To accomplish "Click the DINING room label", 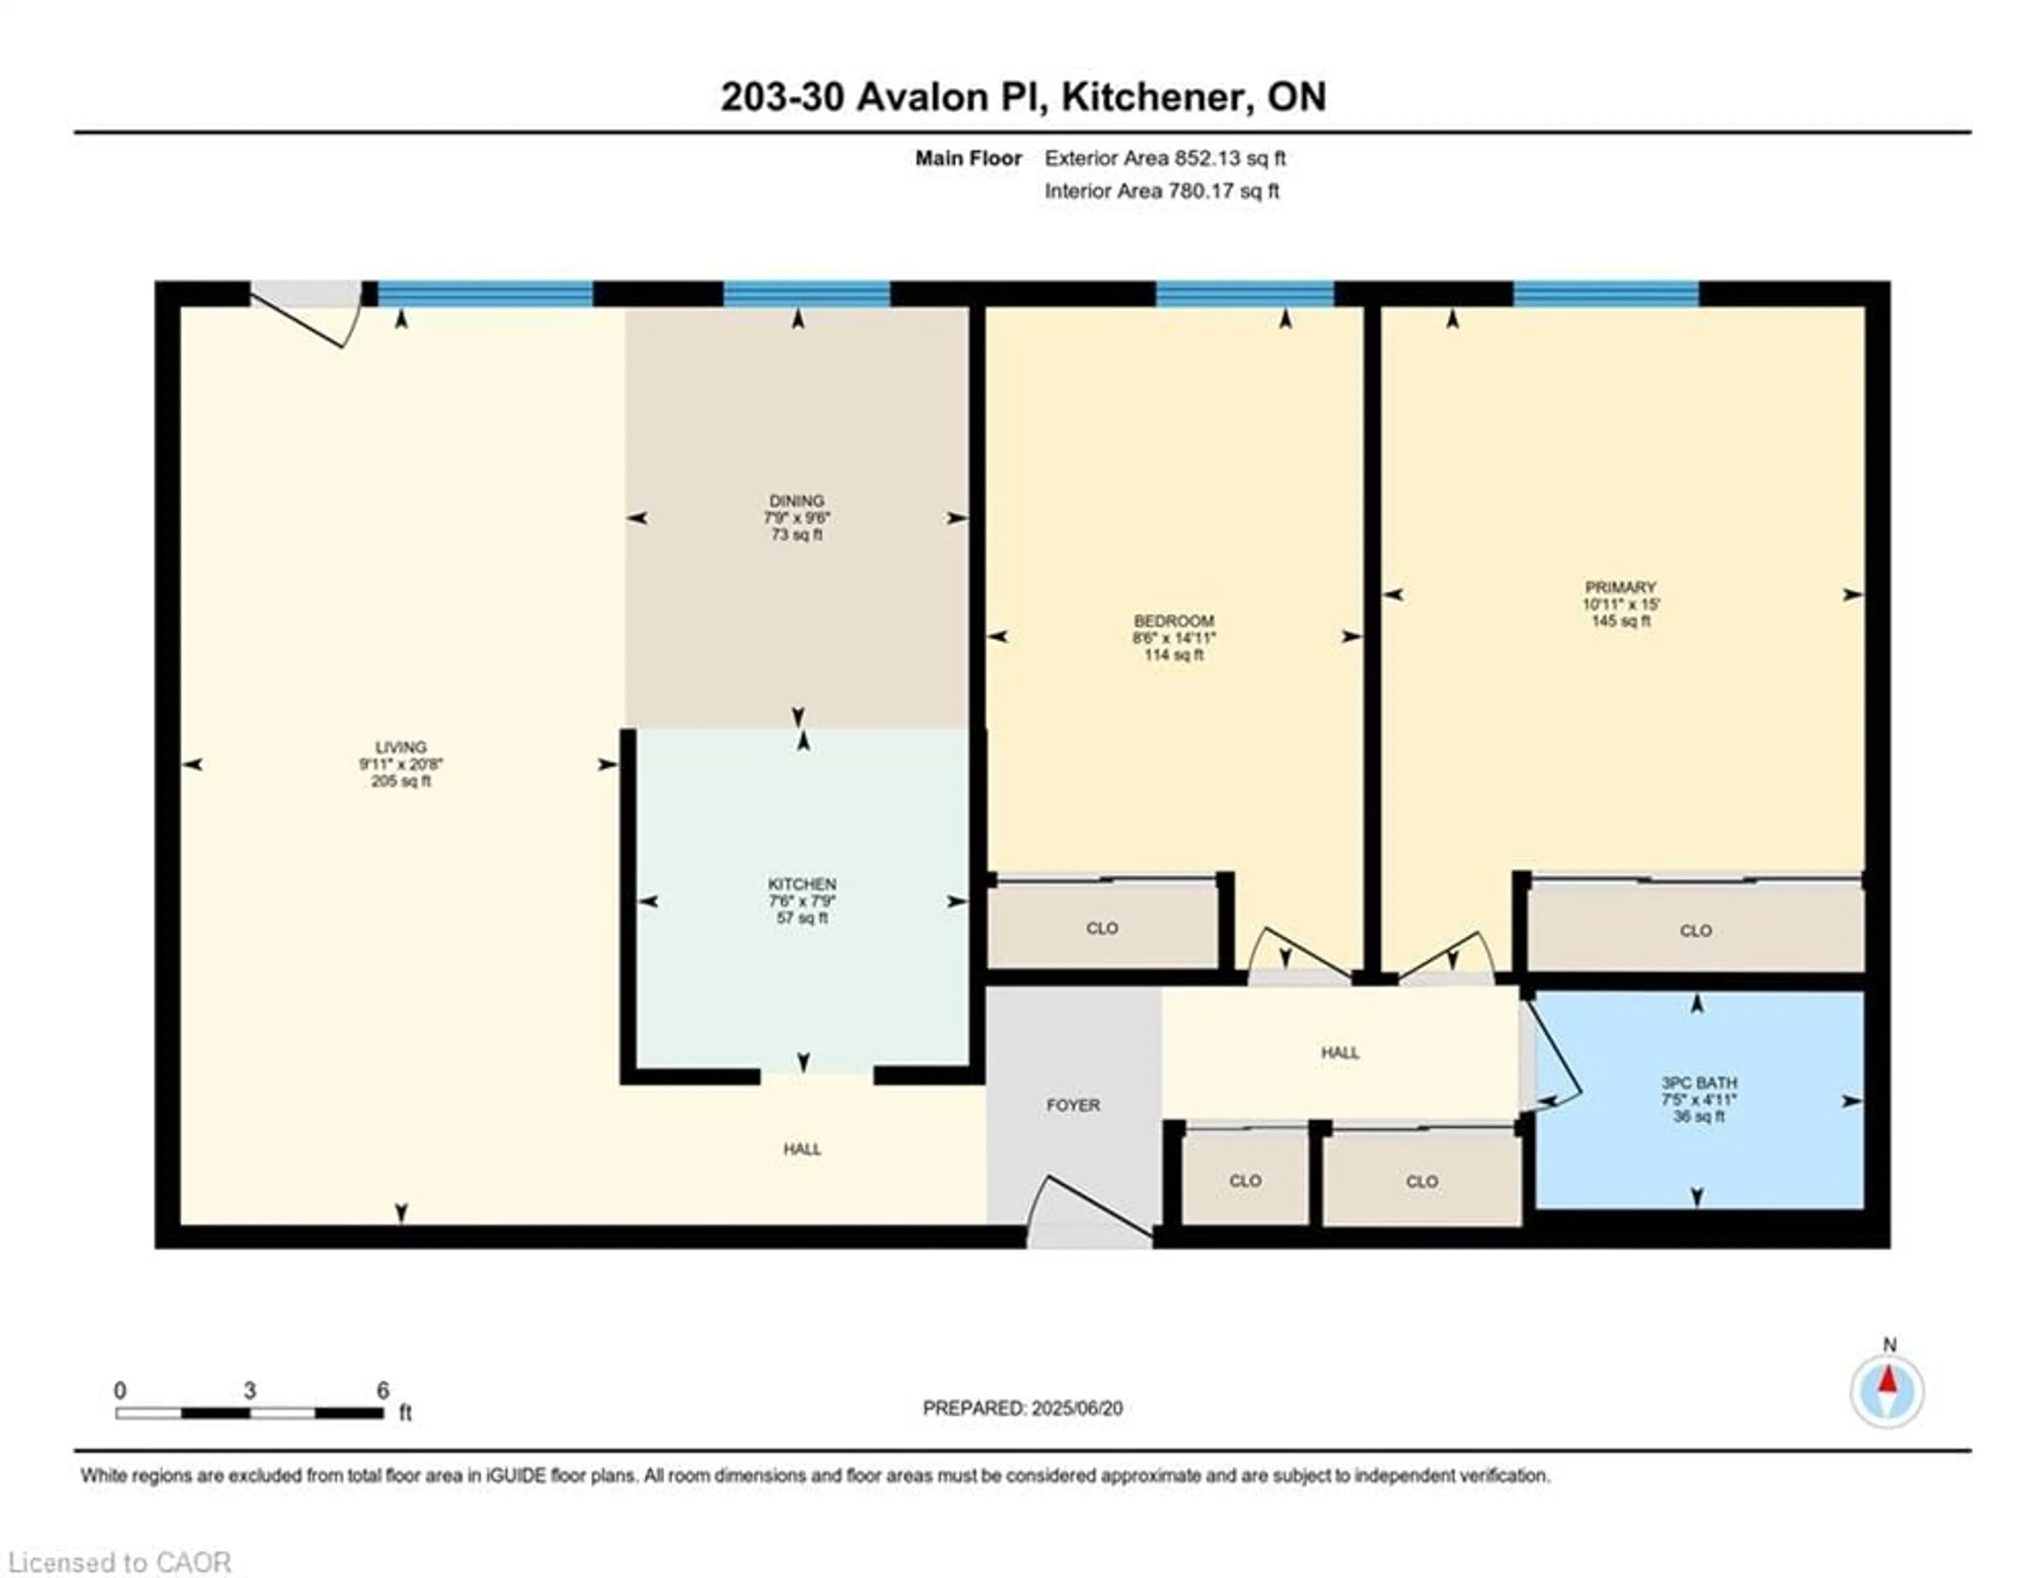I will [796, 501].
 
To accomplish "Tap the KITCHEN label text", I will [801, 884].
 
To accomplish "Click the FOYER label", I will [1073, 1105].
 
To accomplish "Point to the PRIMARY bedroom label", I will [1620, 587].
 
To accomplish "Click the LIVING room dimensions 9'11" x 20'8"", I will [401, 764].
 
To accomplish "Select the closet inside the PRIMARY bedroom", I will [1695, 930].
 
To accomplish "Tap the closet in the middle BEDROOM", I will [1101, 927].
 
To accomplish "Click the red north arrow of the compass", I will [1888, 1380].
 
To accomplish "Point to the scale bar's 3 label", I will [249, 1391].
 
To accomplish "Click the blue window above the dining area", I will [806, 294].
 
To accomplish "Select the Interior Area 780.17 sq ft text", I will [1161, 191].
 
